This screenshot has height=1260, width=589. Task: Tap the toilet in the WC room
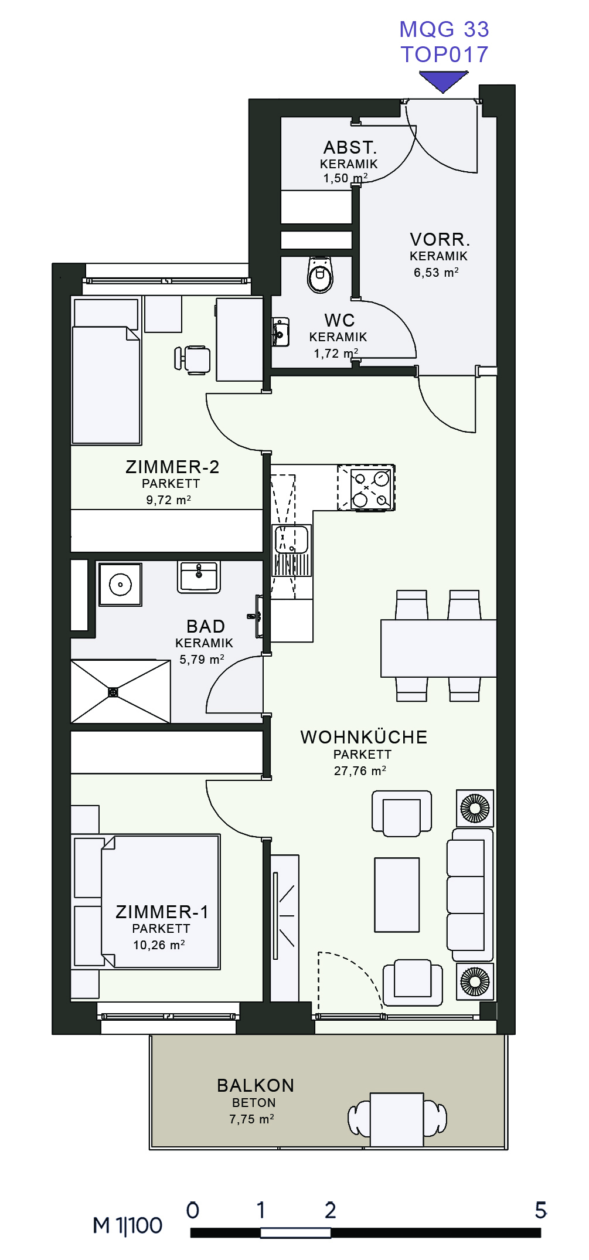tap(320, 274)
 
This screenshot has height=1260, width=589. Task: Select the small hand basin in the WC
tap(280, 332)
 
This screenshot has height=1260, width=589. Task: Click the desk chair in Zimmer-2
tap(193, 359)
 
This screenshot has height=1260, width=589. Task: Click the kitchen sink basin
tap(291, 539)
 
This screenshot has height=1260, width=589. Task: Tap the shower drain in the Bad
tap(113, 692)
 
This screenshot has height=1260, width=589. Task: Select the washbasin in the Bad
tap(199, 576)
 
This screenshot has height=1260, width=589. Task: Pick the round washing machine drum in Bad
tap(120, 585)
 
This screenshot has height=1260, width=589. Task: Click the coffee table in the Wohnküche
tap(397, 895)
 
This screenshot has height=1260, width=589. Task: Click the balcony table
tap(397, 1119)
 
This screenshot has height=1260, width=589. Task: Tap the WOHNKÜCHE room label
tap(364, 737)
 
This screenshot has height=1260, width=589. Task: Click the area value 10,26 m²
tap(159, 945)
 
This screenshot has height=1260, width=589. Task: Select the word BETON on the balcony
tap(254, 1102)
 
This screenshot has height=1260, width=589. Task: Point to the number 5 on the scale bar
tap(540, 1210)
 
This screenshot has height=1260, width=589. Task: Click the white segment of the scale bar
tap(295, 1232)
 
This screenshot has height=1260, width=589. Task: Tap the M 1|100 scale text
tap(127, 1225)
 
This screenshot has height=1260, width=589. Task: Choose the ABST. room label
tap(350, 147)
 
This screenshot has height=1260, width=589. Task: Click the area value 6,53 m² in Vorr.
tap(436, 272)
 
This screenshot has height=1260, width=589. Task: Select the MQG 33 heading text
tap(444, 29)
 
